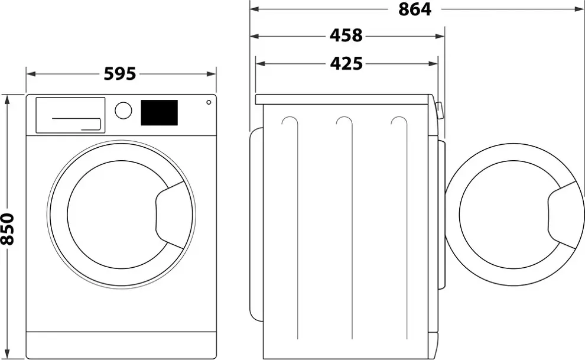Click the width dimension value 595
120,74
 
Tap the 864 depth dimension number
414,9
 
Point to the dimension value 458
346,36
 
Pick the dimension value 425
346,63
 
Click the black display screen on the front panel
159,112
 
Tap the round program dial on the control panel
123,111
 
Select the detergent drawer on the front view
70,115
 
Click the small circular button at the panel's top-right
209,102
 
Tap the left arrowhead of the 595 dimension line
30,74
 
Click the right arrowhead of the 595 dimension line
213,74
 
